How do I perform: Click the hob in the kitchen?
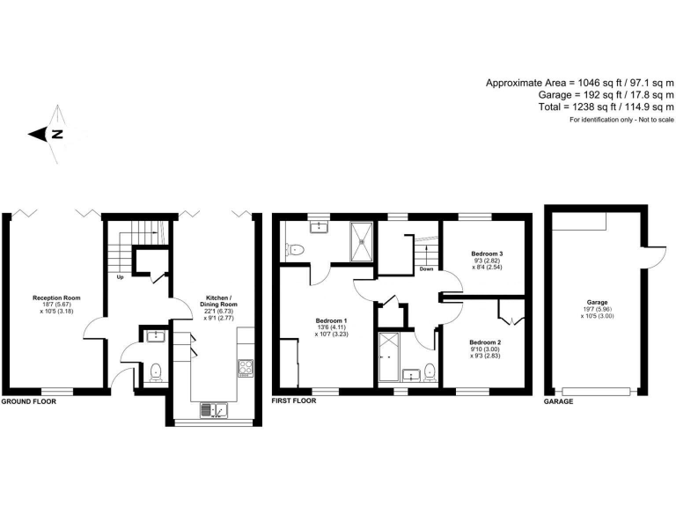click(x=244, y=365)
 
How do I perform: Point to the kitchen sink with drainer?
click(x=214, y=408)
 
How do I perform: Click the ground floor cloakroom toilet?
click(x=155, y=371)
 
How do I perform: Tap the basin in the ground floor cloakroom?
click(x=153, y=335)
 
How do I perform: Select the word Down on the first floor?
click(x=427, y=269)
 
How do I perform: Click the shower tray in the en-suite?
click(x=362, y=241)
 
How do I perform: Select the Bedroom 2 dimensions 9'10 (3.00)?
click(x=486, y=349)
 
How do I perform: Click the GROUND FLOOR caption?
click(x=28, y=400)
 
